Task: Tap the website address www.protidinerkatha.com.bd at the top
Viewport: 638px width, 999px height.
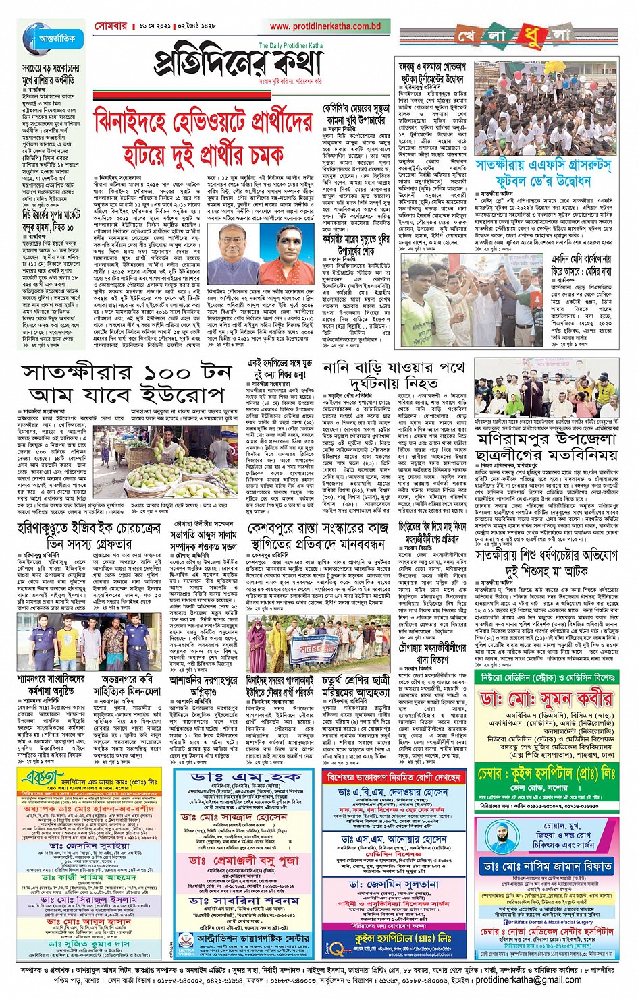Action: point(325,26)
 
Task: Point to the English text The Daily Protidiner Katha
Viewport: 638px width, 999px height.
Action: point(291,45)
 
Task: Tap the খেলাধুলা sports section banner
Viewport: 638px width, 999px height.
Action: point(514,35)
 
